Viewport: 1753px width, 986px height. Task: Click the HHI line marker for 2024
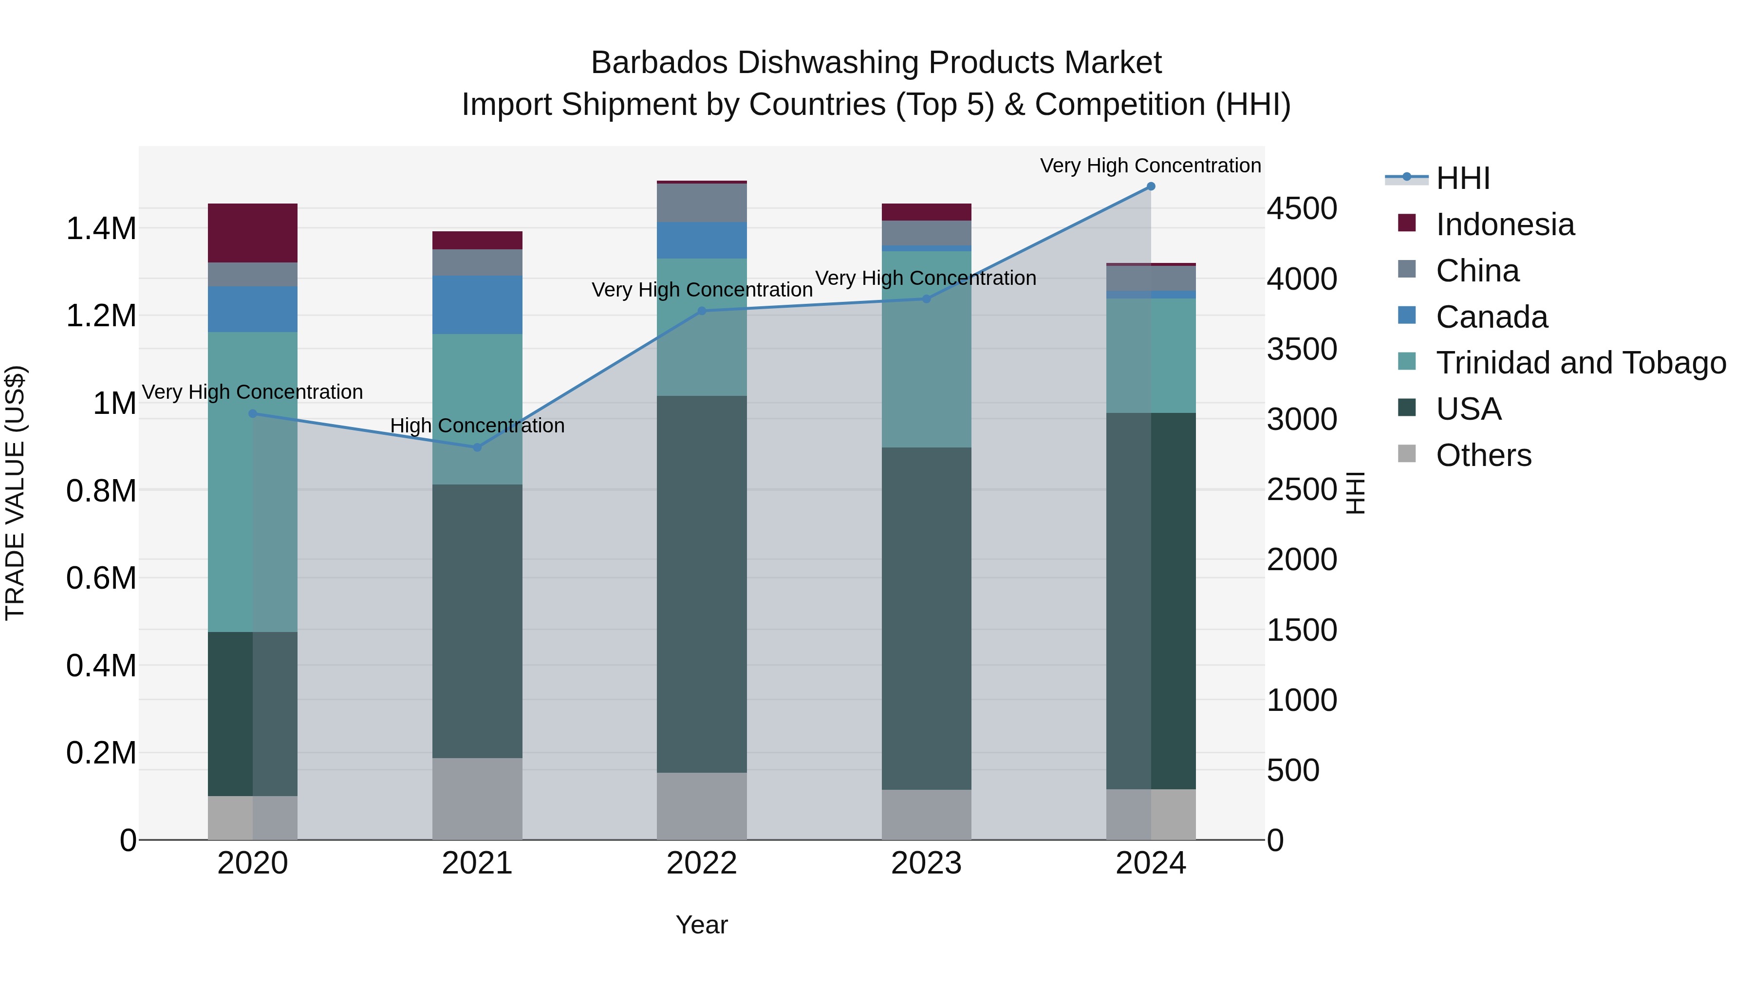coord(1150,186)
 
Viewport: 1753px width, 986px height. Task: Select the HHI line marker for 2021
coord(477,447)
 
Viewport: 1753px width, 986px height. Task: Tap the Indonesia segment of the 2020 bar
coord(252,233)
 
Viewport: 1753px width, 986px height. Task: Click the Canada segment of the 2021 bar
coord(477,304)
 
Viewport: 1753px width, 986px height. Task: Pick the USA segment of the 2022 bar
coord(702,583)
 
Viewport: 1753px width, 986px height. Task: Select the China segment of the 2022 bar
coord(702,203)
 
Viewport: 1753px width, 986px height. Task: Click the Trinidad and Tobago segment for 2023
coord(926,349)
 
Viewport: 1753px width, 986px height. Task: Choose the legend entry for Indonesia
coord(1505,224)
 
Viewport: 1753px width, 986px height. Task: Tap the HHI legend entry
coord(1462,178)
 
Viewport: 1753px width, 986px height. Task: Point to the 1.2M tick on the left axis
coord(101,316)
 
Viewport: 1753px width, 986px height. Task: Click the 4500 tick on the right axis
coord(1301,209)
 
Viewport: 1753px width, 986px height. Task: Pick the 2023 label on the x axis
coord(926,863)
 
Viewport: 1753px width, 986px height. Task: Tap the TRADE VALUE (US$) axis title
coord(15,493)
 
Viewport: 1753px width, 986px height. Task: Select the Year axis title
coord(702,925)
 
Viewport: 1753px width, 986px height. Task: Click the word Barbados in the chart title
coord(659,63)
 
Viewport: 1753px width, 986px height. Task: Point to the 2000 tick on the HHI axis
coord(1301,559)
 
